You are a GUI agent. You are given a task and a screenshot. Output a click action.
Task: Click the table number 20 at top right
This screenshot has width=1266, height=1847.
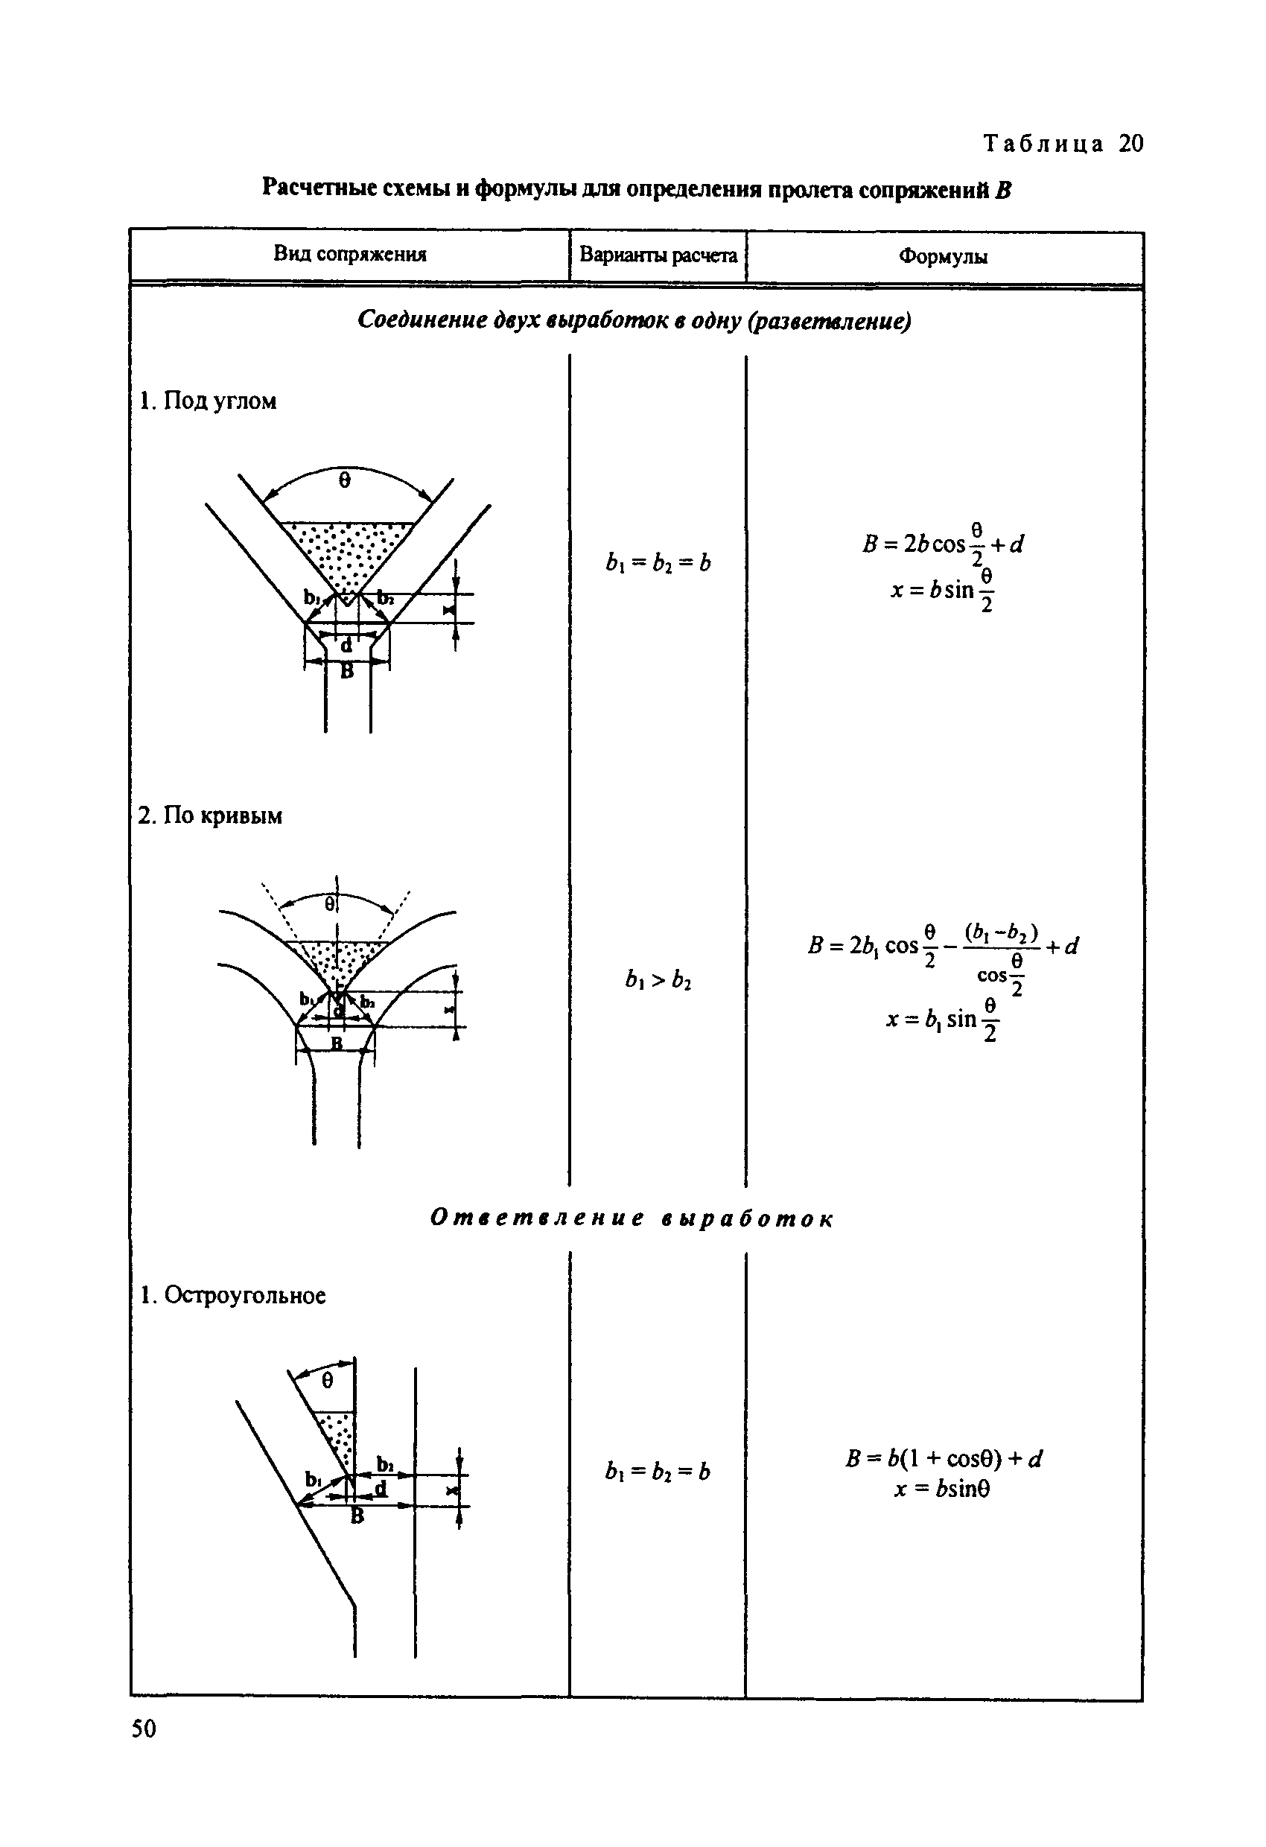[x=1131, y=144]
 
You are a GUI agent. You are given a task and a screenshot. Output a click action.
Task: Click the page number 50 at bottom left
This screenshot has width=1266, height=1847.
[x=144, y=1750]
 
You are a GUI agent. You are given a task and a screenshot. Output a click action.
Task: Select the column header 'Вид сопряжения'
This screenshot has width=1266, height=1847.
[x=350, y=254]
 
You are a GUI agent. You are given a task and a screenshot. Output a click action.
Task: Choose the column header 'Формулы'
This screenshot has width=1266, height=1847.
[x=944, y=257]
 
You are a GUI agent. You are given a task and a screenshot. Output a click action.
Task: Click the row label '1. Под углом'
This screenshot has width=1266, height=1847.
[x=209, y=401]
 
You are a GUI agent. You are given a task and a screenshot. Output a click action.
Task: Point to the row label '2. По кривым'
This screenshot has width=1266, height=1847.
[x=210, y=816]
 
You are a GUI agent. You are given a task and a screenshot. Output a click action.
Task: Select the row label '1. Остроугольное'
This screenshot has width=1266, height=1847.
[x=233, y=1295]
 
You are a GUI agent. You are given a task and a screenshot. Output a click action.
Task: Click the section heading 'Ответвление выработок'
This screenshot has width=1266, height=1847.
[x=632, y=1218]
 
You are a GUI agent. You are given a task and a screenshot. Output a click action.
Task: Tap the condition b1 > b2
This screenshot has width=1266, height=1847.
[x=658, y=981]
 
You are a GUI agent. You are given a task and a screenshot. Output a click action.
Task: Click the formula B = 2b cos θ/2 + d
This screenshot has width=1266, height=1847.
[x=944, y=544]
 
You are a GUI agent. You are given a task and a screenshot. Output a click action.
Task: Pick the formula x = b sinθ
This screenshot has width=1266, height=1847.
[x=943, y=1489]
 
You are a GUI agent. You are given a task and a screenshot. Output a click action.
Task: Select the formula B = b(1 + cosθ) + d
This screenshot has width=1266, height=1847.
[x=944, y=1458]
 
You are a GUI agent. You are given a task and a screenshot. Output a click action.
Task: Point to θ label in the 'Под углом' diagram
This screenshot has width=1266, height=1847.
[x=344, y=481]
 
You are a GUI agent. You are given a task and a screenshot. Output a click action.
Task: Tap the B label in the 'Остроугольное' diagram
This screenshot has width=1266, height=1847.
[x=357, y=1516]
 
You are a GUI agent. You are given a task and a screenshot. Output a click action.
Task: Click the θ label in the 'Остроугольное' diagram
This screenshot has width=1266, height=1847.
[x=328, y=1382]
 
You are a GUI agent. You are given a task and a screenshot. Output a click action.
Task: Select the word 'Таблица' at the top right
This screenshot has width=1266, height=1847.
[x=1044, y=144]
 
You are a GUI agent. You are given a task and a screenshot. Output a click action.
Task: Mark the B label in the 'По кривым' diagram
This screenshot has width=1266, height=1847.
[x=337, y=1043]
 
